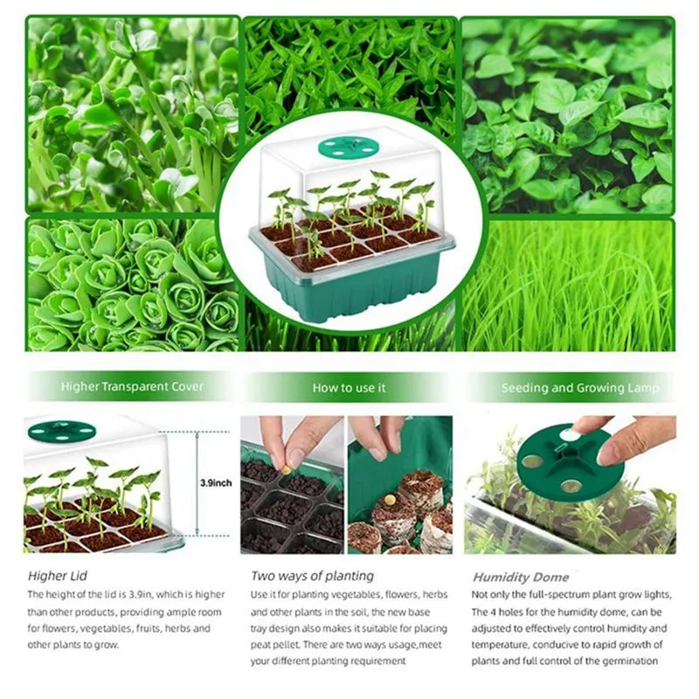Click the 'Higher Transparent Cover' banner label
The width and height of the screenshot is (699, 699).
132,386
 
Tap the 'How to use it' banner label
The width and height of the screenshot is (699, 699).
349,386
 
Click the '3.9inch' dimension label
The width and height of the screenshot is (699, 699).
216,481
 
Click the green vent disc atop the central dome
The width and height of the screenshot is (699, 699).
347,147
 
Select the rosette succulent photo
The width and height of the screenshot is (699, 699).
131,284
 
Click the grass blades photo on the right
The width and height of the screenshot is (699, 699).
568,284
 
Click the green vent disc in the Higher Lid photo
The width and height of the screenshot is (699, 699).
60,430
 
